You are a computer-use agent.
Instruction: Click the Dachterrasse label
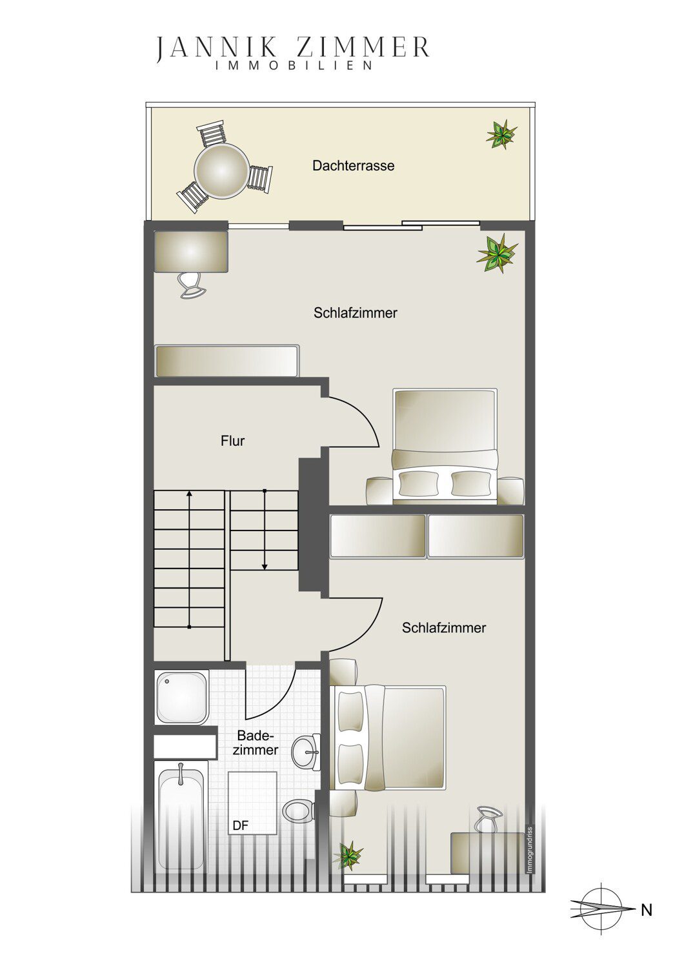tap(353, 165)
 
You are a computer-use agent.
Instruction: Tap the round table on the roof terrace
tap(222, 171)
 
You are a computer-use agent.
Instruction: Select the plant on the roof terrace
tap(501, 134)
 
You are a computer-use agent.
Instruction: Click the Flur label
tap(232, 441)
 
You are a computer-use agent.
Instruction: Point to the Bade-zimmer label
tap(256, 743)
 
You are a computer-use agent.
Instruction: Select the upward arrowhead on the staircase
tap(189, 494)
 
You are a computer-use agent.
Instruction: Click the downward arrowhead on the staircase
tap(265, 566)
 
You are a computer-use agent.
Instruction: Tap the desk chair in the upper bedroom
tap(190, 285)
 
